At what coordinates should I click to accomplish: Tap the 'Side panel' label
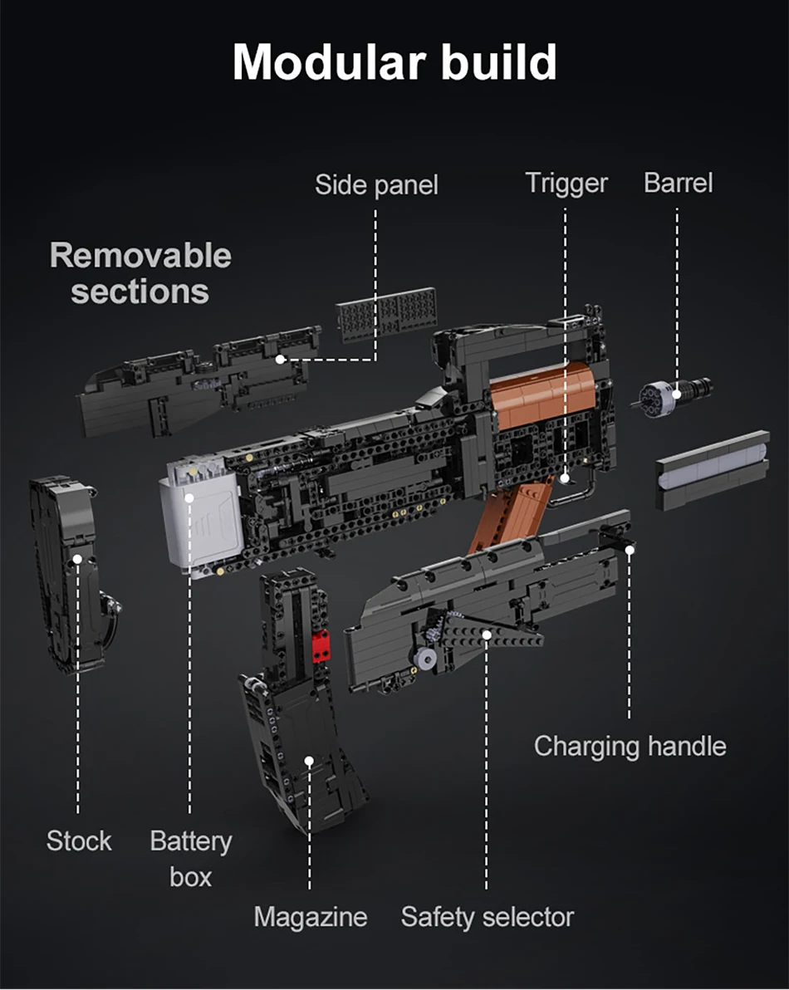coord(375,185)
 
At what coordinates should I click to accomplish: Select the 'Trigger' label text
coord(566,184)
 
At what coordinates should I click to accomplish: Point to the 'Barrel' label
coord(678,184)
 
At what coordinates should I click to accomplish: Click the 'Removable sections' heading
coord(140,273)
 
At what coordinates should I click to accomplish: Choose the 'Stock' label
coord(79,841)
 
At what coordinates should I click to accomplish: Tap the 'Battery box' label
coord(190,859)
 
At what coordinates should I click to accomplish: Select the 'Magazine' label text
coord(310,917)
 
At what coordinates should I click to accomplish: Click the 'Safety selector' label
coord(487,917)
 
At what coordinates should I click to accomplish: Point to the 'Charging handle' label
coord(630,746)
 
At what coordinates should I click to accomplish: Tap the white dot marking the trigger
coord(565,478)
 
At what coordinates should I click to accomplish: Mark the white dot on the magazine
coord(309,761)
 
